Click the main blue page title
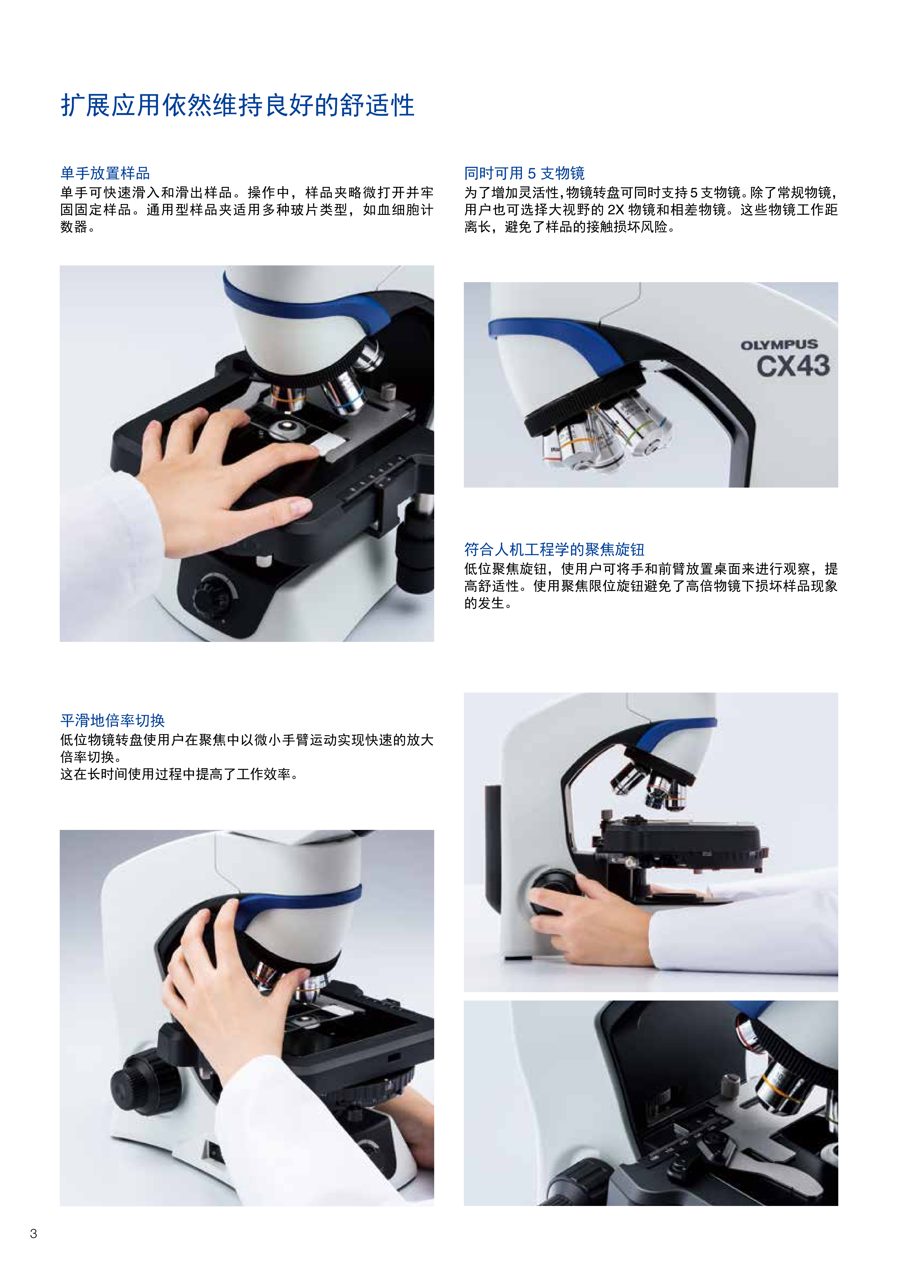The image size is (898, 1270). tap(238, 106)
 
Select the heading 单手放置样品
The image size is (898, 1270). tap(105, 173)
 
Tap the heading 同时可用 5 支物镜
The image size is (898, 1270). tap(524, 173)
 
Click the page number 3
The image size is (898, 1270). tap(34, 1234)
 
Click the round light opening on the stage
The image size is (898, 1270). tap(288, 426)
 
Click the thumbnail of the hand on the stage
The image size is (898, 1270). tap(247, 454)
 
